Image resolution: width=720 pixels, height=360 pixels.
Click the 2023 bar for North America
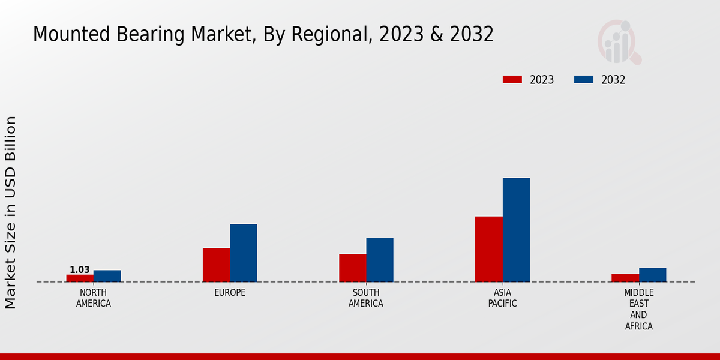point(80,278)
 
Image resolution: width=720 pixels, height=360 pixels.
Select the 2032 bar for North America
point(107,276)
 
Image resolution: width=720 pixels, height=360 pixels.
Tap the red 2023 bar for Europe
point(216,265)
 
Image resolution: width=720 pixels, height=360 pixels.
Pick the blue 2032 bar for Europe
point(243,253)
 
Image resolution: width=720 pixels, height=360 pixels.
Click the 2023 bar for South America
point(352,268)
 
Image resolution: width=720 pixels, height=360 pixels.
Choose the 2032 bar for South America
point(380,260)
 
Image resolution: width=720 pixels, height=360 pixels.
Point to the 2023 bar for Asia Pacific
point(488,249)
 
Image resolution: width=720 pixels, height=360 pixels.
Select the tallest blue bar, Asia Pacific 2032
point(516,230)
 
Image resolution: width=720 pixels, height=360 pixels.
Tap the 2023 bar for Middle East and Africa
point(625,278)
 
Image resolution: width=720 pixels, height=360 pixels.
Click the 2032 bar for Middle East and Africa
point(652,275)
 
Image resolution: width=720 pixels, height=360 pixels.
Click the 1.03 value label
point(79,270)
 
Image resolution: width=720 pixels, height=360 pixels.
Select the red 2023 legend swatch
point(512,80)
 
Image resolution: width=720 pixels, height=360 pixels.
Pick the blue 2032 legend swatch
point(584,80)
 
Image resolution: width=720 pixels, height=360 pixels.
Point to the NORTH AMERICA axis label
point(94,298)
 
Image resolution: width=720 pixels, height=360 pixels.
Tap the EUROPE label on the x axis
point(230,293)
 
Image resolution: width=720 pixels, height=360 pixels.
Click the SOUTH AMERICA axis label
point(366,298)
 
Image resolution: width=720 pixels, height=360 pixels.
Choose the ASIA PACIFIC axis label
point(502,298)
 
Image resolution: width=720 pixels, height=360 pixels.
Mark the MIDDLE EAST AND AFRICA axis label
point(638,310)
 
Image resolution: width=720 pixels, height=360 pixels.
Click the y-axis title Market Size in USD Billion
point(11,212)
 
